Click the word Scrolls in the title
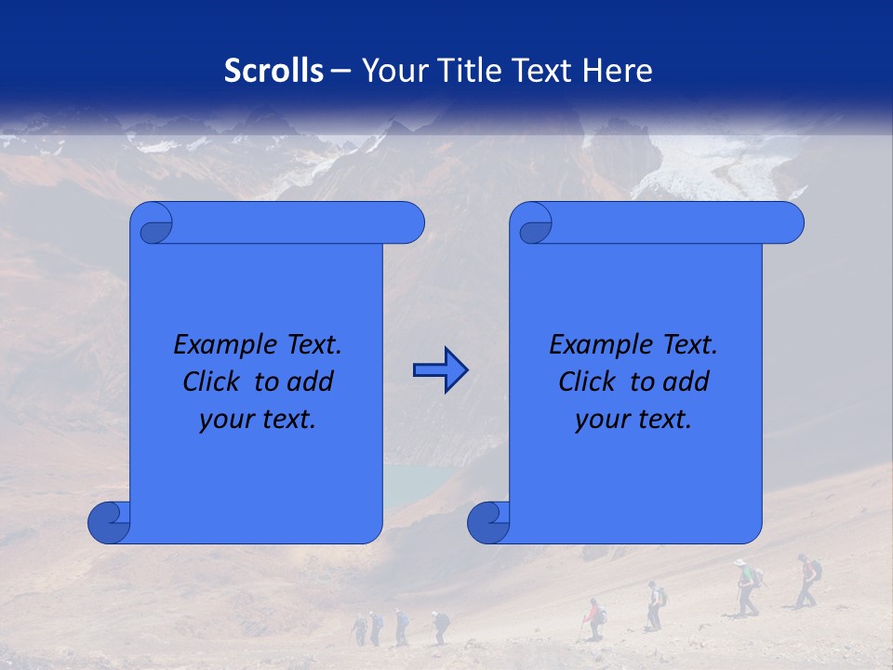274,71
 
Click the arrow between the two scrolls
440,370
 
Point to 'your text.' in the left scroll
258,420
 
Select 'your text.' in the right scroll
633,420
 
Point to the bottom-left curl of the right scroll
488,522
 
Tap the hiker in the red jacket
593,617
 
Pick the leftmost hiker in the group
360,629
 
